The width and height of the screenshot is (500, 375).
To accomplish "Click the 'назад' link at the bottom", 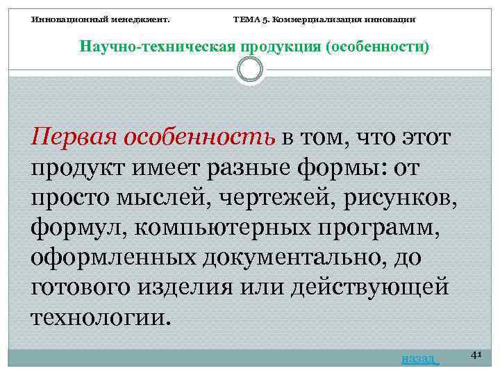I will coord(419,358).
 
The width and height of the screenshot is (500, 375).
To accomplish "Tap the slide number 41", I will coord(476,354).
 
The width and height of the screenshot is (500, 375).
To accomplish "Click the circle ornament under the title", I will coord(249,69).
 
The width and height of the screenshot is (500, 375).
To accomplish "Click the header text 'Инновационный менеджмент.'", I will coord(101,19).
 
